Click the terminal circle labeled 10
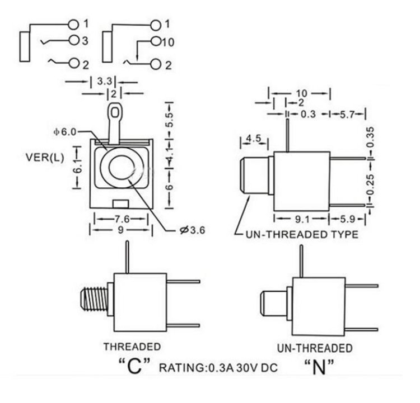point(156,42)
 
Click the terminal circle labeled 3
point(73,41)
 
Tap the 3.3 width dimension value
point(103,82)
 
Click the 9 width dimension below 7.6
point(121,230)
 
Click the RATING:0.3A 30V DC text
point(218,369)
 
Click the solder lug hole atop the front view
point(115,113)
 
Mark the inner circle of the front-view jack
point(122,168)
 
